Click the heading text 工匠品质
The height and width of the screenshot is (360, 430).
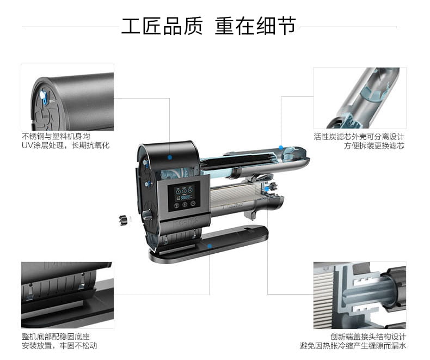(x=162, y=26)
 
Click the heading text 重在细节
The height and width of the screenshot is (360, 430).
(x=256, y=26)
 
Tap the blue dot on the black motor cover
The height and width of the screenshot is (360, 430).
(x=170, y=157)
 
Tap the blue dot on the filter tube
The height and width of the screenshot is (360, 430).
(x=281, y=148)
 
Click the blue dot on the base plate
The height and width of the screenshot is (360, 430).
(x=210, y=246)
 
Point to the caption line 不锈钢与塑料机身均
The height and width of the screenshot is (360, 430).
(x=56, y=136)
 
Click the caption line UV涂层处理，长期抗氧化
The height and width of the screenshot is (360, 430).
(x=65, y=145)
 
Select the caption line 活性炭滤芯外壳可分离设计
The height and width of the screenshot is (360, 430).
(x=359, y=137)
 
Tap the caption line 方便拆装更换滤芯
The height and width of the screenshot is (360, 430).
(x=374, y=146)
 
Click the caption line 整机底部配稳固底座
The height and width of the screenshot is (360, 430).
(x=56, y=337)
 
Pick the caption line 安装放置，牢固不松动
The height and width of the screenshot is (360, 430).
(x=59, y=345)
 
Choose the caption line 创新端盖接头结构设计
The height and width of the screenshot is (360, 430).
(x=368, y=337)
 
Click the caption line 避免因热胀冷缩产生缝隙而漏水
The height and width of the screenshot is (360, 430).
(x=353, y=345)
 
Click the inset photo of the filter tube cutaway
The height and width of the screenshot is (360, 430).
(x=360, y=98)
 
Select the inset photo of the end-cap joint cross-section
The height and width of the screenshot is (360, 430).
(x=360, y=295)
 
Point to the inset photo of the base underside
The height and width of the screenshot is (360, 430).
(x=67, y=295)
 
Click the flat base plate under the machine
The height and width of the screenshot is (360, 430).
(x=208, y=244)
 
